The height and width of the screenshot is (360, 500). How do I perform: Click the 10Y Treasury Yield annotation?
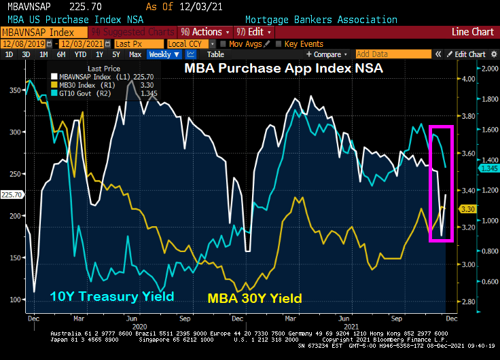click(x=111, y=296)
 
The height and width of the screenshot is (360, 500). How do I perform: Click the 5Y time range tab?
click(x=115, y=54)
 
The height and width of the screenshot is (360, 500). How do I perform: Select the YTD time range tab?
click(x=80, y=54)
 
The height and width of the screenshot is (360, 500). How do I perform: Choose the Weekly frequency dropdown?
click(x=164, y=54)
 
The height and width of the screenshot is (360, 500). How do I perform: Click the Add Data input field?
click(x=392, y=54)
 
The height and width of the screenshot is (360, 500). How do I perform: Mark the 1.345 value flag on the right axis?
click(x=489, y=168)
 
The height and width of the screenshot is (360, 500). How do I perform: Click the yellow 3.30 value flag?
click(x=467, y=209)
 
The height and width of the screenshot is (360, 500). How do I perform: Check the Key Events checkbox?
click(x=280, y=43)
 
